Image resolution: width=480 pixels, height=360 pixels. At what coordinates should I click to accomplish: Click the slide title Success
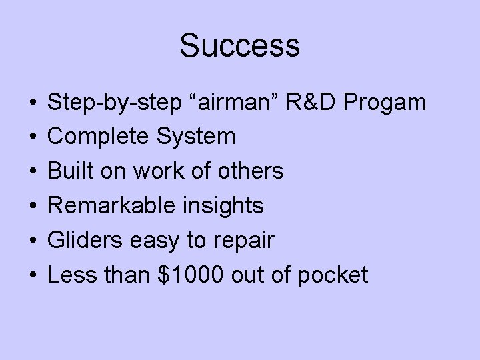(x=240, y=47)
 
